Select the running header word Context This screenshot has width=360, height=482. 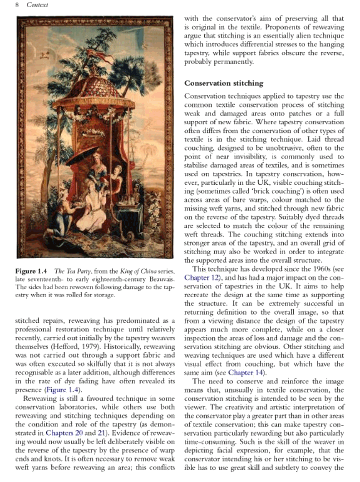tap(37, 5)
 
